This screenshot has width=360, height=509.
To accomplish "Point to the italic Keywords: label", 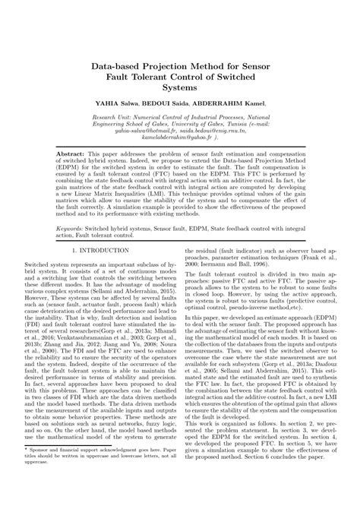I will tap(74, 226).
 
